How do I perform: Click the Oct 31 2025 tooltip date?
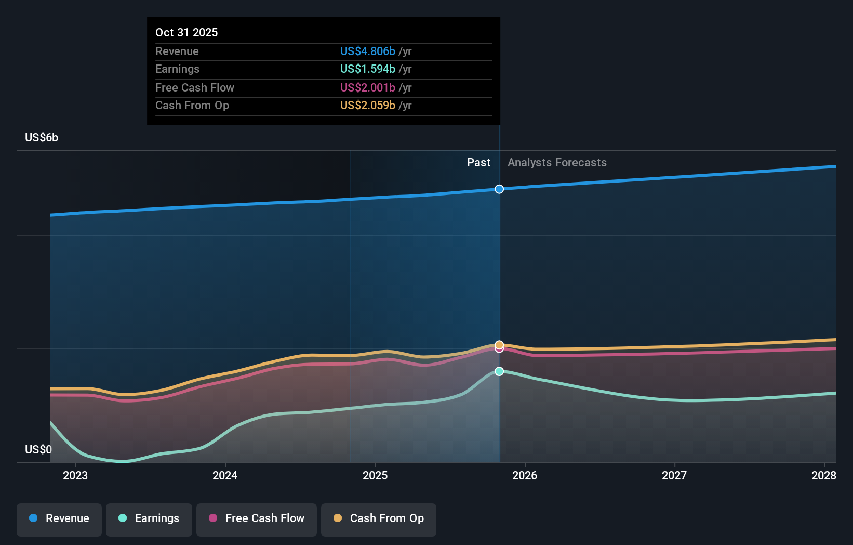(186, 32)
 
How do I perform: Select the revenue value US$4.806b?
(367, 51)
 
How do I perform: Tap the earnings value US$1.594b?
(367, 69)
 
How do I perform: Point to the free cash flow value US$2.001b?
(367, 87)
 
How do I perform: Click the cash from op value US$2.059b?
(367, 105)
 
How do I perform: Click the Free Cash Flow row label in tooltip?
(195, 87)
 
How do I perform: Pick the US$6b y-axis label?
(42, 137)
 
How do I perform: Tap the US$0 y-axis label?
(38, 449)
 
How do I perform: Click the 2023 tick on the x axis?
(75, 475)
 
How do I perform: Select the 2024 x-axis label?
(225, 475)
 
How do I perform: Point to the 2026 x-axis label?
(525, 475)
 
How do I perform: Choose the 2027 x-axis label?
(674, 475)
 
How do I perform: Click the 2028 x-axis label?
(823, 475)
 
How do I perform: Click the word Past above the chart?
(478, 162)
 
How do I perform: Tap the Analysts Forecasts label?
(557, 162)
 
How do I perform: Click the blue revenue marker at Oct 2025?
(499, 189)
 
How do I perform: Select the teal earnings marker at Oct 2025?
(499, 371)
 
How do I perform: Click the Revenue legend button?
(59, 518)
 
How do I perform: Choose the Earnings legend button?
(149, 518)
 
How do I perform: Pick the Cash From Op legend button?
(379, 518)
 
